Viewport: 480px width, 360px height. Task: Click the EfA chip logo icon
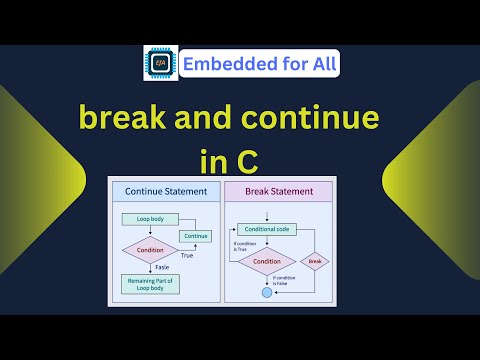161,62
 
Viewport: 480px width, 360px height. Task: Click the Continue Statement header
166,190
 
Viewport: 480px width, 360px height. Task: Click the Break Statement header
278,190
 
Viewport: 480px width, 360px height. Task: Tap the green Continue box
195,236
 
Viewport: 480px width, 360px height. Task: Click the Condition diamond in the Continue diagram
150,250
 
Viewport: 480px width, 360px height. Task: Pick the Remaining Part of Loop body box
149,285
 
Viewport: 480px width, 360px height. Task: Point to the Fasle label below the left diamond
162,268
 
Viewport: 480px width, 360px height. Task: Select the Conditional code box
267,229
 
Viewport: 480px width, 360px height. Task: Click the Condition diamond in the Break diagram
267,262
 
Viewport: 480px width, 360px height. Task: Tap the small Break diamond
315,262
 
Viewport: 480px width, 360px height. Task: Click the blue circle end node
267,293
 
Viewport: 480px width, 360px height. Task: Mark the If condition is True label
243,244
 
